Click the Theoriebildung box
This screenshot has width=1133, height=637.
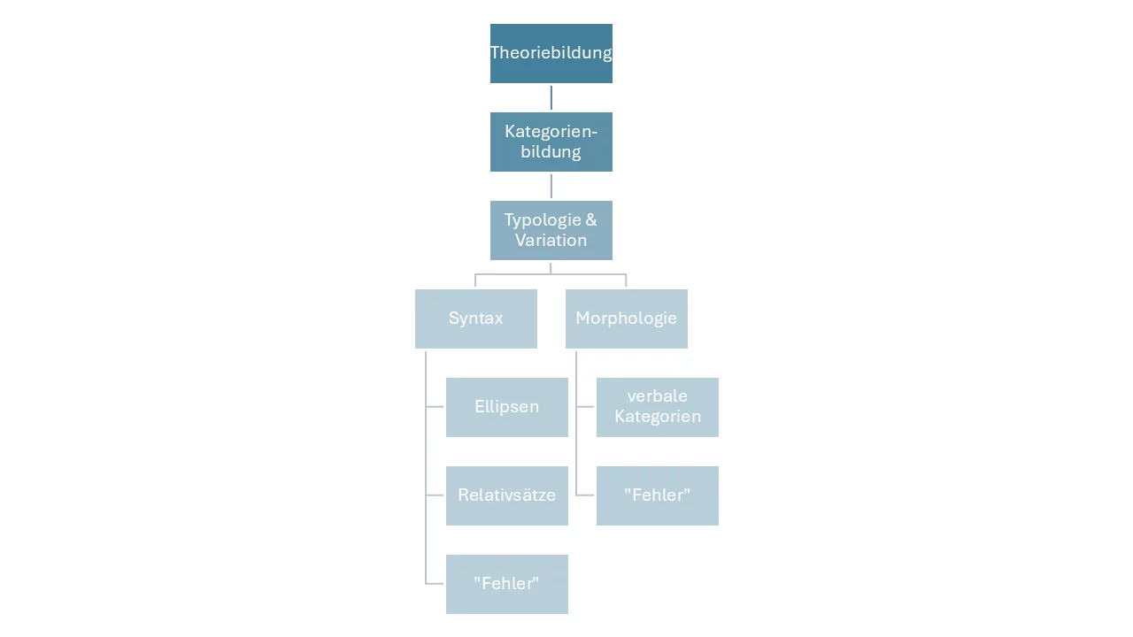click(551, 53)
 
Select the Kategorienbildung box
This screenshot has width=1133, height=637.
click(551, 142)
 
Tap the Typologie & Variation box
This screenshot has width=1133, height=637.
click(551, 230)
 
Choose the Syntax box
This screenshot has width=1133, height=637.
click(476, 318)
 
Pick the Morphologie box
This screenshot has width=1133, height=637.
click(626, 318)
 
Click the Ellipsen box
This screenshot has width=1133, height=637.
click(507, 407)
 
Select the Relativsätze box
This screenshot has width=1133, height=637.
click(507, 495)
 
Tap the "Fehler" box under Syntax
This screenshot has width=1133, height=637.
click(507, 584)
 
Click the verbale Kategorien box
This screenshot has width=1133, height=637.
click(658, 407)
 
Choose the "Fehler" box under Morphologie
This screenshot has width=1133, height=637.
click(658, 495)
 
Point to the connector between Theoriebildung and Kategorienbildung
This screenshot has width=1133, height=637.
click(551, 97)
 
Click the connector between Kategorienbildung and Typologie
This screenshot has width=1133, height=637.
click(551, 186)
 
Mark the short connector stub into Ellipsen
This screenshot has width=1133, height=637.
click(435, 406)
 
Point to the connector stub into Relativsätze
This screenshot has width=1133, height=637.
click(435, 495)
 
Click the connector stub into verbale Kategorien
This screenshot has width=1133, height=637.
click(585, 406)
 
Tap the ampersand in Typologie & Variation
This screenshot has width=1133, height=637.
click(591, 220)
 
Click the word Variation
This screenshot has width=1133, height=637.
click(551, 240)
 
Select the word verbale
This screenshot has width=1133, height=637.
click(658, 395)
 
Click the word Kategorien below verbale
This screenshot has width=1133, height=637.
click(658, 417)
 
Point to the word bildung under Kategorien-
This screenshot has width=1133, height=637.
click(551, 152)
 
